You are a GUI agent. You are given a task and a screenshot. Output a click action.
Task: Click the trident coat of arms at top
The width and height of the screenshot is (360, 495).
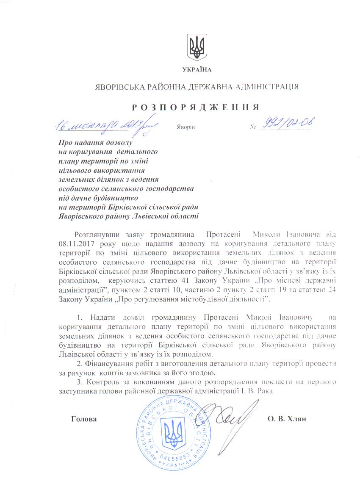pyautogui.click(x=197, y=47)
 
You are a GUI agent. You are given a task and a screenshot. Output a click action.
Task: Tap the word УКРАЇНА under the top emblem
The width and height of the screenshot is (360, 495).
pyautogui.click(x=197, y=69)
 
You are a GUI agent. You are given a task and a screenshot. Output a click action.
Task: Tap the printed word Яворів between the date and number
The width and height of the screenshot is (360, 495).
pyautogui.click(x=185, y=127)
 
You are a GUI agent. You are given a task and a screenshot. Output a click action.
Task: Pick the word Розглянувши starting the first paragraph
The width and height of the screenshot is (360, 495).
pyautogui.click(x=94, y=234)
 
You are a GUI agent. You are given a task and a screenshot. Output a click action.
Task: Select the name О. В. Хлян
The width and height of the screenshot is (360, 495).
pyautogui.click(x=287, y=419)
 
